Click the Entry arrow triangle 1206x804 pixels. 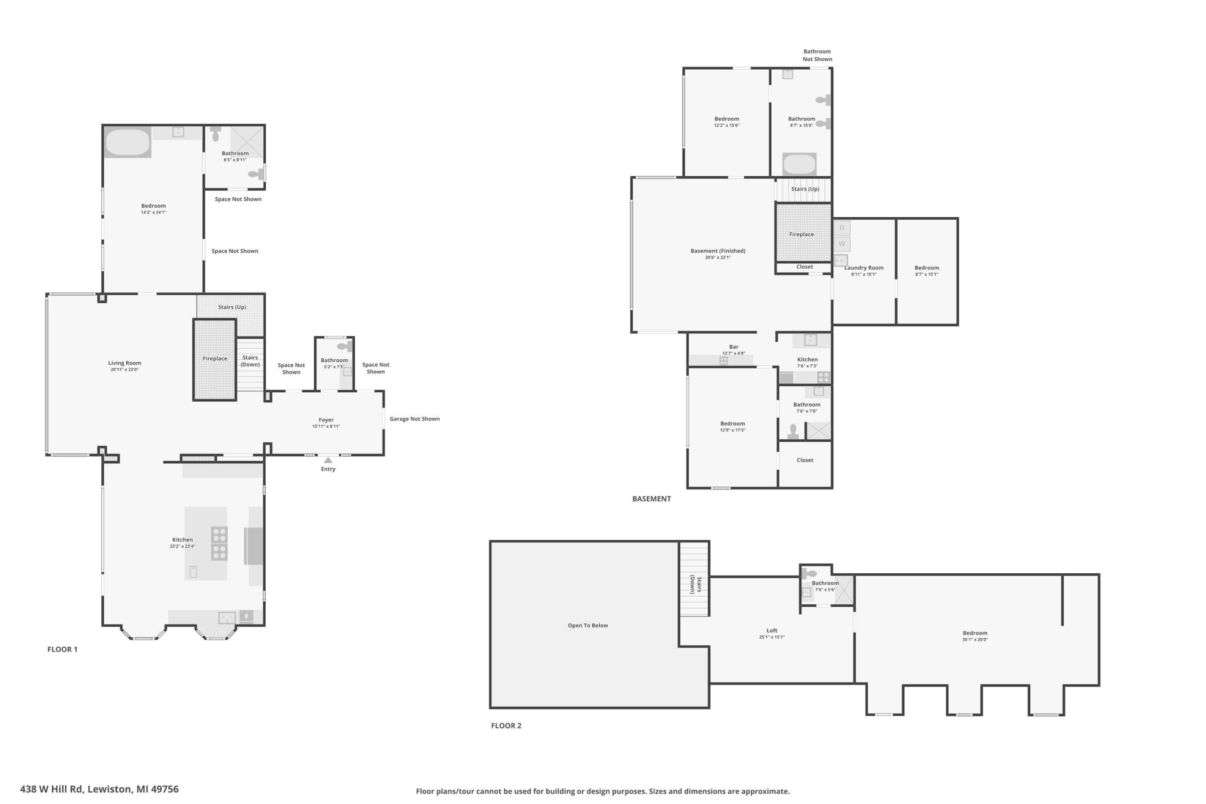click(x=328, y=461)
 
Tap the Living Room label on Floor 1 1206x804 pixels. click(x=124, y=363)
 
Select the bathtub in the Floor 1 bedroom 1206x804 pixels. click(x=128, y=142)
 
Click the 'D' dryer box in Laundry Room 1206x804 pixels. click(x=841, y=227)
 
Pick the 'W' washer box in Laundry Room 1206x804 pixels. click(x=841, y=244)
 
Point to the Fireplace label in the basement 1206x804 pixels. click(x=801, y=235)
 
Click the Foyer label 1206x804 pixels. click(x=326, y=420)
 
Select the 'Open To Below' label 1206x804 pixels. click(x=587, y=625)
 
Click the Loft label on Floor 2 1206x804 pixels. click(x=772, y=631)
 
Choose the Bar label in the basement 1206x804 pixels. click(x=734, y=347)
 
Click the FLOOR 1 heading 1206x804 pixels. click(x=63, y=649)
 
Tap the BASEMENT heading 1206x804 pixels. click(x=651, y=498)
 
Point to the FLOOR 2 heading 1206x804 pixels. click(x=506, y=725)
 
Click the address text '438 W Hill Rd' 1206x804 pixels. click(x=51, y=789)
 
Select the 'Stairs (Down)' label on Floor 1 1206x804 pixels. click(x=250, y=361)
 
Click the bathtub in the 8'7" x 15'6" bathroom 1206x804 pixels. click(x=799, y=164)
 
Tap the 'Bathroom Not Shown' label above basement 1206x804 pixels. click(x=817, y=56)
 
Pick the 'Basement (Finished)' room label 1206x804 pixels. click(x=718, y=251)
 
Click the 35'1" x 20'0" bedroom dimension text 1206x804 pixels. click(x=975, y=640)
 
